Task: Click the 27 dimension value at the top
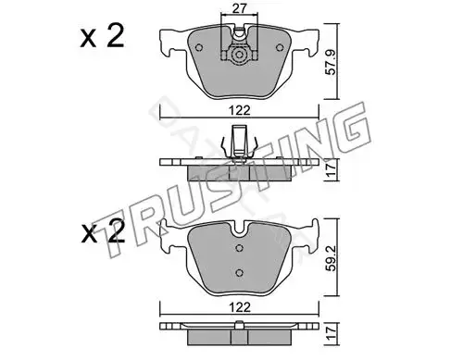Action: coord(240,8)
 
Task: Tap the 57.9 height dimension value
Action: coord(332,63)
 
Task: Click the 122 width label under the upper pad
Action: coord(240,110)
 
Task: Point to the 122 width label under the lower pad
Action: coord(240,307)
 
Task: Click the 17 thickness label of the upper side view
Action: coord(332,170)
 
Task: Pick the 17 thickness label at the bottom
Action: coord(332,334)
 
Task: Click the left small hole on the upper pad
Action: coord(199,47)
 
